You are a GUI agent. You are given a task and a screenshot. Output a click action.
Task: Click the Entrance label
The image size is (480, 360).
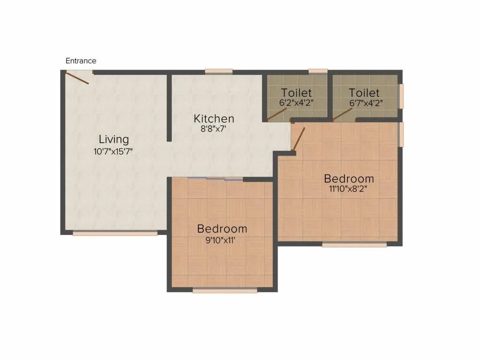[x=81, y=61]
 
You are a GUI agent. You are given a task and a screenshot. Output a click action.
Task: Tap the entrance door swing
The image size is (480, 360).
[x=77, y=77]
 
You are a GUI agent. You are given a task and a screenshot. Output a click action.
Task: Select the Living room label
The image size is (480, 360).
[x=113, y=139]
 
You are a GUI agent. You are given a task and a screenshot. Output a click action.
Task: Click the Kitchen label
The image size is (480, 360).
[x=214, y=118]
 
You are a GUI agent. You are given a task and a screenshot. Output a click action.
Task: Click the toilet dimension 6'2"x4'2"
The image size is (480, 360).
[x=296, y=103]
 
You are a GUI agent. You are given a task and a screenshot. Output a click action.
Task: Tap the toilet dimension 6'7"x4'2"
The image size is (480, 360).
[x=364, y=103]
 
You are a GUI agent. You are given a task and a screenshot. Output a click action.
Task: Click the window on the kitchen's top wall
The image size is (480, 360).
[x=218, y=71]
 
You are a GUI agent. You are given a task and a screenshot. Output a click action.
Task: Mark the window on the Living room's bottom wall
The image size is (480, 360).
[x=115, y=233]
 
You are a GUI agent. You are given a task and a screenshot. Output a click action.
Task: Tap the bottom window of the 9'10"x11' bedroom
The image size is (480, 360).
[x=225, y=291]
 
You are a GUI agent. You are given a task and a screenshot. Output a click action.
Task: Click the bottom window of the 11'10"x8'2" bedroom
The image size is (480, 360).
[x=354, y=244]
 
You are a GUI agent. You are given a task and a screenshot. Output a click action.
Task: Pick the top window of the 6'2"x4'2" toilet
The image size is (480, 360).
[x=318, y=71]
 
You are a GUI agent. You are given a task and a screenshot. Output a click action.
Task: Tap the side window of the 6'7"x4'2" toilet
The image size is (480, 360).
[x=401, y=96]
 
